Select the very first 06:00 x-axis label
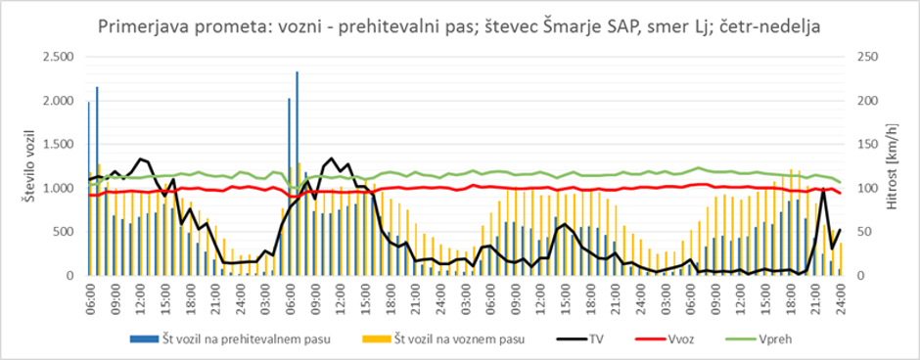click(x=90, y=294)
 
